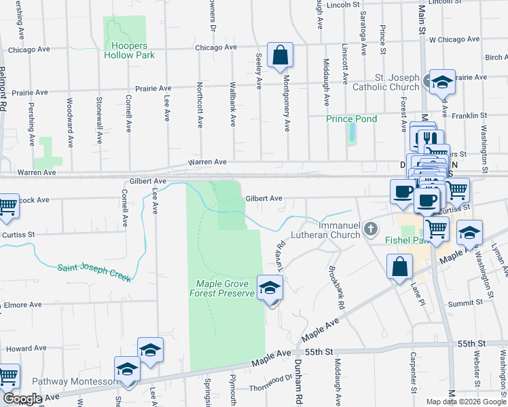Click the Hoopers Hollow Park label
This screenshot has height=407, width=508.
(129, 50)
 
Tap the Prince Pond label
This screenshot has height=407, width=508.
(351, 119)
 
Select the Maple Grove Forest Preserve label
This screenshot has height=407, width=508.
(225, 288)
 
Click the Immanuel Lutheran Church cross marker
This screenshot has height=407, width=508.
(371, 228)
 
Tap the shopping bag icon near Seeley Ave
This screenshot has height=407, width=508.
(280, 55)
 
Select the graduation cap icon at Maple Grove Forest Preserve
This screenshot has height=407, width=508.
(270, 288)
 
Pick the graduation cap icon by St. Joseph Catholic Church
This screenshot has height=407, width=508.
(442, 82)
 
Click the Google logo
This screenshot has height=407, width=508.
(22, 399)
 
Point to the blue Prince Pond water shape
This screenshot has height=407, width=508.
(351, 133)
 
